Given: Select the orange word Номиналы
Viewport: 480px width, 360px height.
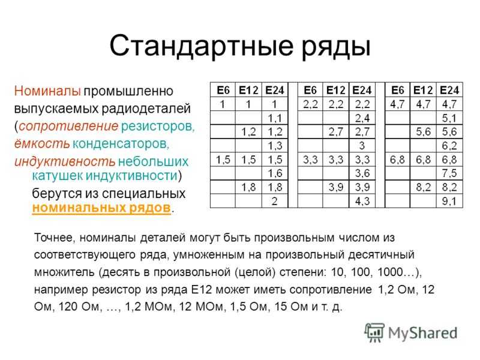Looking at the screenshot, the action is click(x=47, y=91).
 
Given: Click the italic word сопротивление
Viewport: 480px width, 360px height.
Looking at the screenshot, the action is click(x=68, y=126).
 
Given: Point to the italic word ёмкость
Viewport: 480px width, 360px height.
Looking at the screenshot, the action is click(x=42, y=143).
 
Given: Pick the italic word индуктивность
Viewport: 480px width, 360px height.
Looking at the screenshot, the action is click(x=65, y=161).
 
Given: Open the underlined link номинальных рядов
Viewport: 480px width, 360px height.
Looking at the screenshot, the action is click(x=101, y=208).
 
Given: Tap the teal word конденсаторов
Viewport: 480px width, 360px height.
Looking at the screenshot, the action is click(x=121, y=143).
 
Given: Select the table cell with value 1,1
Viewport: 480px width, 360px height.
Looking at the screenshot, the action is click(x=275, y=118).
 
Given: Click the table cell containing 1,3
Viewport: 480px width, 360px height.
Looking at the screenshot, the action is click(x=275, y=146).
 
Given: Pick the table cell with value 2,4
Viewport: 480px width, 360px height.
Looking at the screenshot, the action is click(x=362, y=118).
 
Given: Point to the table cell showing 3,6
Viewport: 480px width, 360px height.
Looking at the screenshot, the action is click(x=362, y=173).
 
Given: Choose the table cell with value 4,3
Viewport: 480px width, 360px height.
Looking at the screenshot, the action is click(x=362, y=201).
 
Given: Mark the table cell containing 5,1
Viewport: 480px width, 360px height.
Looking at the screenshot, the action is click(x=449, y=118).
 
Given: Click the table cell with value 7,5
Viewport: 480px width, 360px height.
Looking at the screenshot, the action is click(x=449, y=173).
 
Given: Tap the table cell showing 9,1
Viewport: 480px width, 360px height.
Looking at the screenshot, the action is click(x=449, y=201).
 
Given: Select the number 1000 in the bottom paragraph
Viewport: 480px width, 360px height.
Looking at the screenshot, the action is click(x=390, y=272).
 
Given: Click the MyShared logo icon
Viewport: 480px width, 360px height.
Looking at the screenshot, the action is click(x=374, y=332).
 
